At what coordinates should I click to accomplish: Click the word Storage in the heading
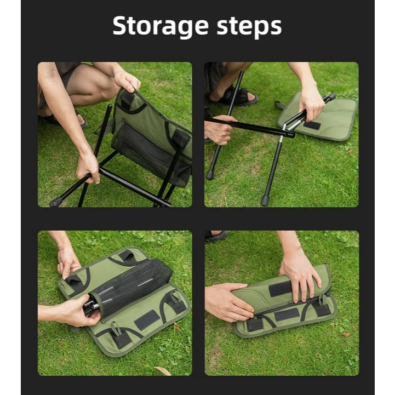click(x=161, y=26)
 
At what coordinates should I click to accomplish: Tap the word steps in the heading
click(x=249, y=26)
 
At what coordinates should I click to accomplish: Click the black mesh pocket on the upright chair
click(x=151, y=153)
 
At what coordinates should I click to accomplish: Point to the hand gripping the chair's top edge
click(x=127, y=81)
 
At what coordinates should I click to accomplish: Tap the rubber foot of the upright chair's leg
click(x=56, y=202)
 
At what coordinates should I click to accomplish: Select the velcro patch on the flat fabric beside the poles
click(x=312, y=125)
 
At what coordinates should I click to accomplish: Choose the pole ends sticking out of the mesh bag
click(x=90, y=307)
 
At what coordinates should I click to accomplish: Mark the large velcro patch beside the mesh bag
click(x=146, y=319)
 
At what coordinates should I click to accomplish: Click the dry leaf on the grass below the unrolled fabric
click(x=163, y=371)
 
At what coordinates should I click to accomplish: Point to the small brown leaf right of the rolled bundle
click(x=346, y=335)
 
